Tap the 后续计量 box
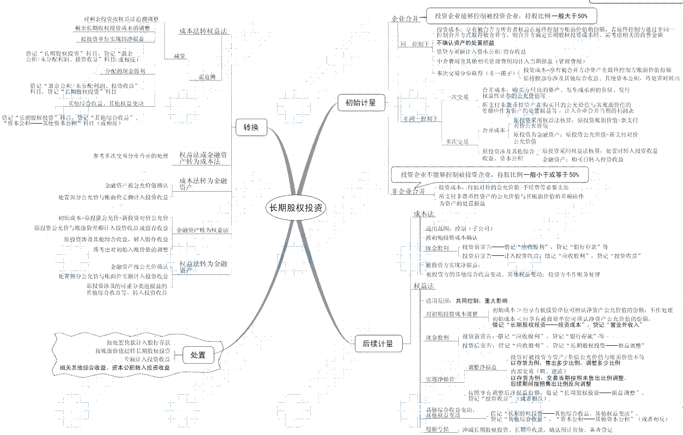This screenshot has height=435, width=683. [378, 344]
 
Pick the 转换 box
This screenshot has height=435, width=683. [251, 128]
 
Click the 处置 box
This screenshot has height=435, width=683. [198, 355]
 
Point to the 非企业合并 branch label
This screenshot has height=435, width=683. [408, 191]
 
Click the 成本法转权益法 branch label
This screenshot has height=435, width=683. [202, 31]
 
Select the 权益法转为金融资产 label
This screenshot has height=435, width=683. [202, 266]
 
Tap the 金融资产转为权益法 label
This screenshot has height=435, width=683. [202, 231]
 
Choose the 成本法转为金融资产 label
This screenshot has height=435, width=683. [202, 183]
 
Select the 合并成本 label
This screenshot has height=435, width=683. [494, 130]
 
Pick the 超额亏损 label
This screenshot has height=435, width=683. [437, 430]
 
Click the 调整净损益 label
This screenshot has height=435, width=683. [482, 367]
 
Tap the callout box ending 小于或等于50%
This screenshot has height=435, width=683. [490, 175]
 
